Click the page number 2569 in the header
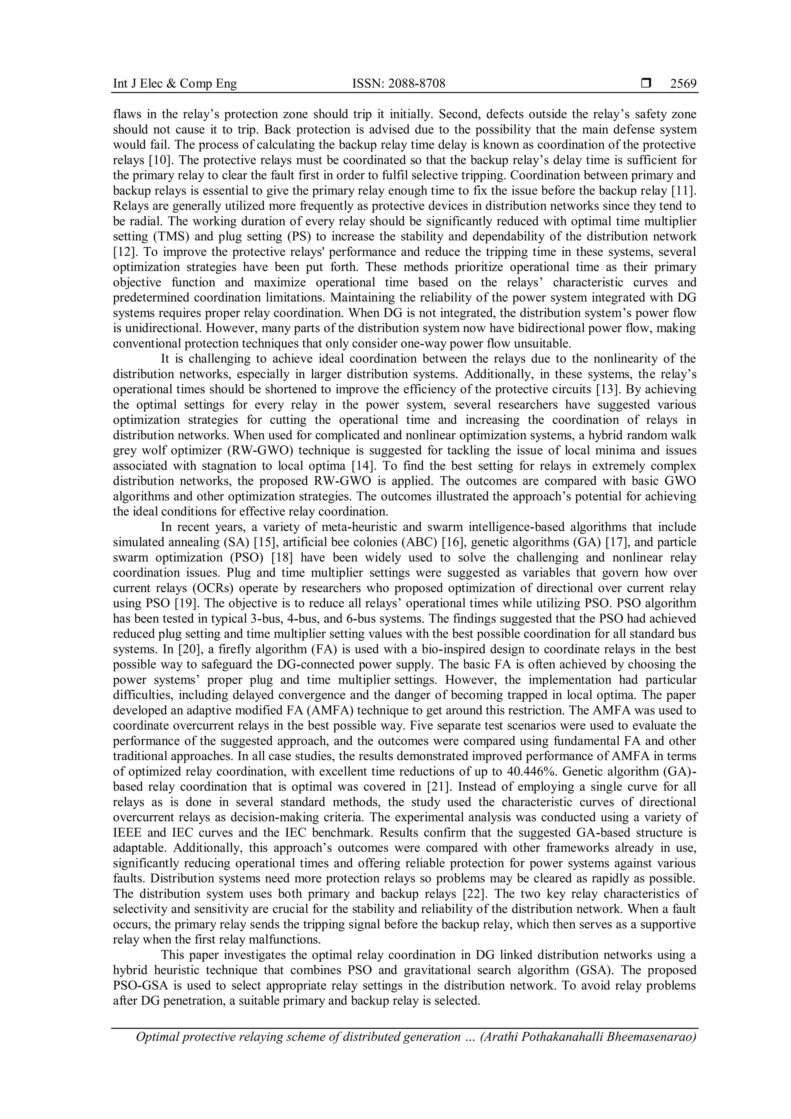pyautogui.click(x=683, y=84)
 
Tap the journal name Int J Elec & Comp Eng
pyautogui.click(x=175, y=84)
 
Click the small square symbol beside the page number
pyautogui.click(x=646, y=84)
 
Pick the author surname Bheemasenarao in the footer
pyautogui.click(x=652, y=1037)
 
